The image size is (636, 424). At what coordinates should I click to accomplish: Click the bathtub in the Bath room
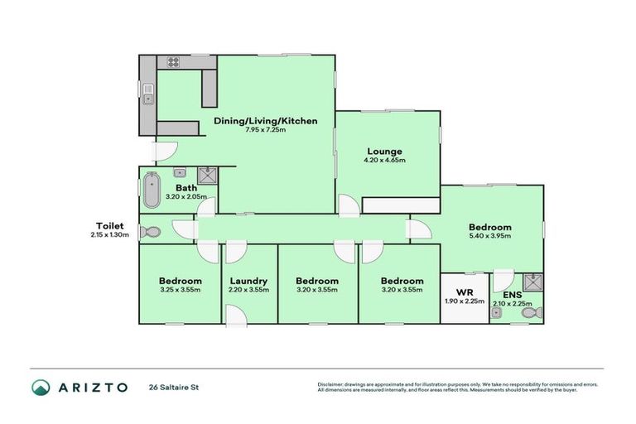pyautogui.click(x=151, y=190)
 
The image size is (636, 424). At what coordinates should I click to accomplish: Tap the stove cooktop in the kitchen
pyautogui.click(x=174, y=61)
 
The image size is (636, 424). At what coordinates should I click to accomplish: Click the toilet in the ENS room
pyautogui.click(x=536, y=312)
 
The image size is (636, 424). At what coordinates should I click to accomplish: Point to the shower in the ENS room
pyautogui.click(x=533, y=282)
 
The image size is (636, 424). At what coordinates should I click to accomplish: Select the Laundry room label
pyautogui.click(x=248, y=281)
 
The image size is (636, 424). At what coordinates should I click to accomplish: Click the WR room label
pyautogui.click(x=464, y=291)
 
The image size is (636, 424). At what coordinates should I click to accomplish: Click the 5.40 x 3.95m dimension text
pyautogui.click(x=489, y=236)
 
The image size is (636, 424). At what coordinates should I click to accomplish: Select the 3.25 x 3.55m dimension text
pyautogui.click(x=181, y=290)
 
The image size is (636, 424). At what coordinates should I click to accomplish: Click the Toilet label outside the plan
pyautogui.click(x=109, y=225)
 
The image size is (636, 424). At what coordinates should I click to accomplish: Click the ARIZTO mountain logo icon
pyautogui.click(x=41, y=387)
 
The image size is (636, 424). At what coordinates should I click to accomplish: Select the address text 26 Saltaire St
pyautogui.click(x=175, y=387)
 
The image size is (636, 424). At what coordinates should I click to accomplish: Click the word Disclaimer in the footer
pyautogui.click(x=331, y=383)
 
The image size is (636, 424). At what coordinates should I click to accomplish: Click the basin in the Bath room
pyautogui.click(x=179, y=173)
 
